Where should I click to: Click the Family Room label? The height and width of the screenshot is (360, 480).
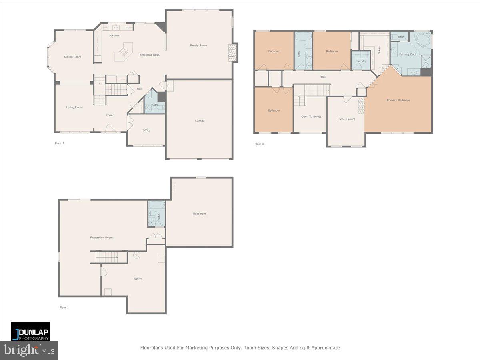198,46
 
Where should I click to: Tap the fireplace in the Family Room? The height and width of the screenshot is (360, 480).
232,52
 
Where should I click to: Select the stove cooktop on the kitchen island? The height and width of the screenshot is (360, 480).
124,51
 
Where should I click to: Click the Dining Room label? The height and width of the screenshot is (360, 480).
72,57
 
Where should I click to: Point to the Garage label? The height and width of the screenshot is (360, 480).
200,121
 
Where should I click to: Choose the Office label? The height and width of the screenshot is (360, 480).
146,130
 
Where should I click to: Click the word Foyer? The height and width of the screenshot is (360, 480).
110,115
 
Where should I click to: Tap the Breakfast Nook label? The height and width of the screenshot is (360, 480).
149,54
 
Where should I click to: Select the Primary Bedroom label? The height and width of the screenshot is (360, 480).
398,100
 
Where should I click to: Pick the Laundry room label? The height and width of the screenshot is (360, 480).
361,61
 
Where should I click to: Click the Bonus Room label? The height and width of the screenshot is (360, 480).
346,119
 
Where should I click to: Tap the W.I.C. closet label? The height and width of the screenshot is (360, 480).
378,51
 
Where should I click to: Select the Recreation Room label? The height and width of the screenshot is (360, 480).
101,238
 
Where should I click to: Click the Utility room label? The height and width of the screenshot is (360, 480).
138,278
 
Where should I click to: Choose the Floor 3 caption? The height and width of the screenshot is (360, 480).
259,144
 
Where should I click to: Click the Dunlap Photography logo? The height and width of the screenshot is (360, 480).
30,331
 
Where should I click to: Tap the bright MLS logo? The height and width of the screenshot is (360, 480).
29,350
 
